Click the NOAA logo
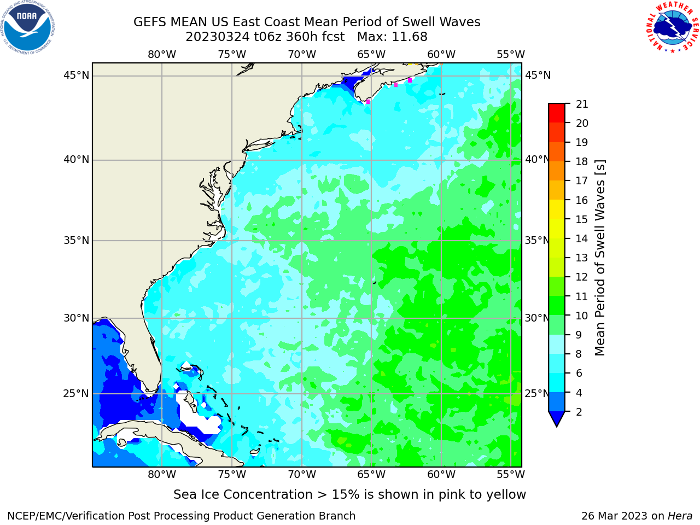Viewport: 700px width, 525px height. tap(28, 27)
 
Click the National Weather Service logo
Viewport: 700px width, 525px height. tap(672, 27)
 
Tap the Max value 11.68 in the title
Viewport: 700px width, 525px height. tap(410, 37)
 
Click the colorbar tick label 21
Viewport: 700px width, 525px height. tap(582, 104)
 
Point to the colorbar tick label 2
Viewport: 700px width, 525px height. tap(579, 412)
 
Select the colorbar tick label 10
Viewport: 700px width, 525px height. tap(582, 316)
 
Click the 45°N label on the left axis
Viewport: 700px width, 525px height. tap(76, 75)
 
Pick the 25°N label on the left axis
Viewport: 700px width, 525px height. tap(76, 394)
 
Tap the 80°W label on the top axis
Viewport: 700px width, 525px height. tap(162, 55)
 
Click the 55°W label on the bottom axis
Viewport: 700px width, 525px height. tap(511, 474)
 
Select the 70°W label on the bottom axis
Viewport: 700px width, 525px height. tap(302, 474)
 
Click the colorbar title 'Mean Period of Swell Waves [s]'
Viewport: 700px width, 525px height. tap(600, 258)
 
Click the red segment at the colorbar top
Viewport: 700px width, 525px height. tap(557, 113)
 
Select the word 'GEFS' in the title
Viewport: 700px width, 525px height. tap(150, 22)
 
